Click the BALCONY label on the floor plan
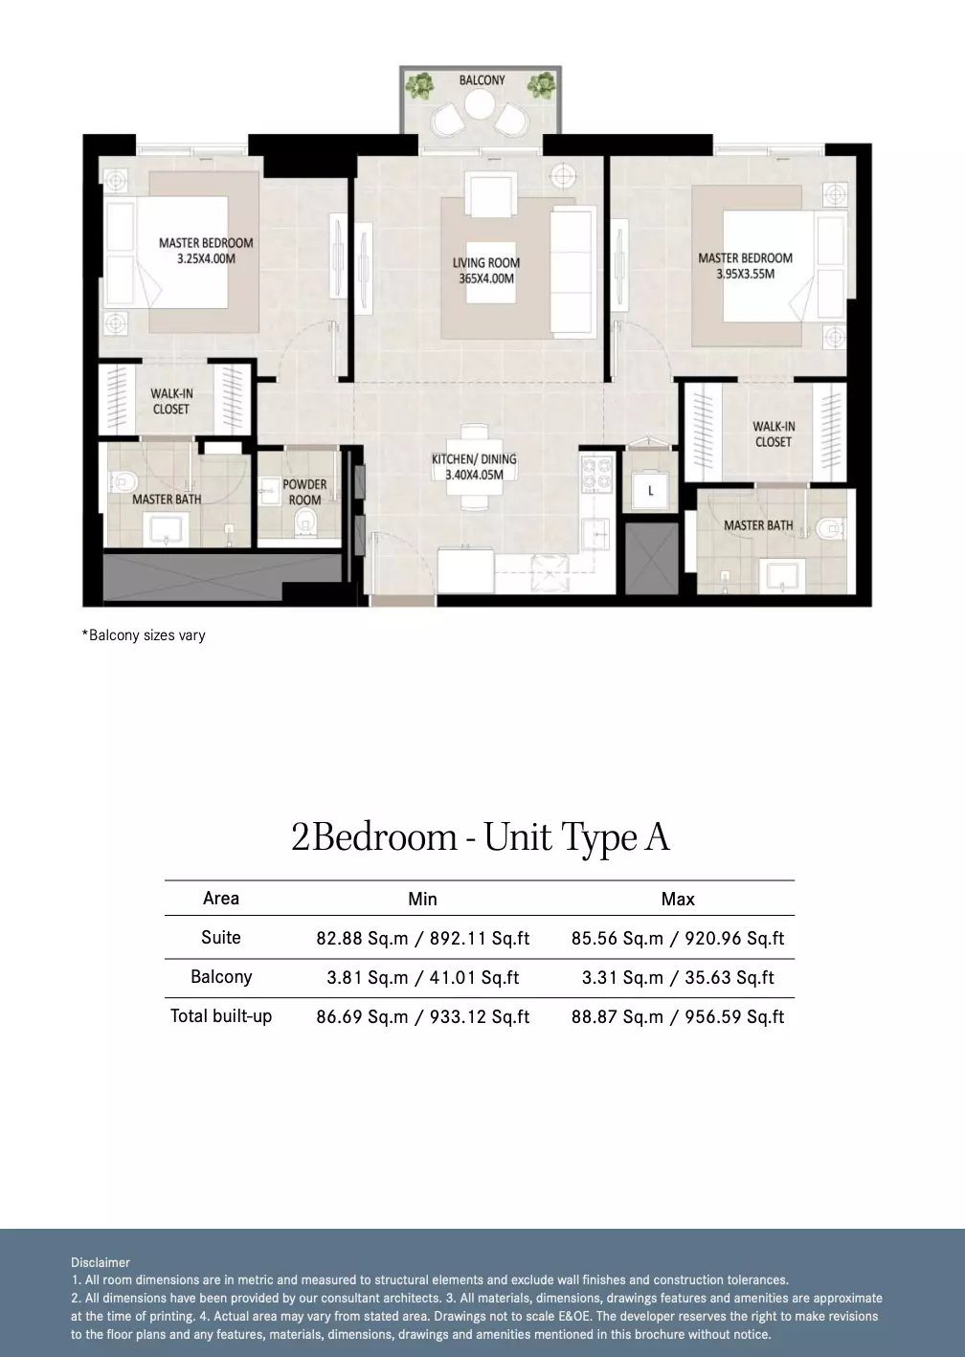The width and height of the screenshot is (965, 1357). click(x=482, y=80)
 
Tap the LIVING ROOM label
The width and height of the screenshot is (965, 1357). click(x=486, y=263)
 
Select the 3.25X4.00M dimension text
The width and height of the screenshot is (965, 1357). click(x=206, y=258)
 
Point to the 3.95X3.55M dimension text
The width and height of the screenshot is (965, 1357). click(x=746, y=274)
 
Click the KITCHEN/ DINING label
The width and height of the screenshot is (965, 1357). click(x=474, y=459)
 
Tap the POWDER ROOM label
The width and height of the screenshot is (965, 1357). click(x=304, y=492)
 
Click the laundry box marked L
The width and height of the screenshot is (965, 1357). click(x=650, y=491)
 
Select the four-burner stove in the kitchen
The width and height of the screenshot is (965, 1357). click(x=597, y=476)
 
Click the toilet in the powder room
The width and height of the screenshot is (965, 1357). click(x=304, y=523)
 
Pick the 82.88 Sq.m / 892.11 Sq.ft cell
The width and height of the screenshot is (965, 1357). click(x=422, y=938)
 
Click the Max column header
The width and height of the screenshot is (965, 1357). click(x=678, y=899)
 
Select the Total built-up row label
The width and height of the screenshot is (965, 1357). click(x=221, y=1016)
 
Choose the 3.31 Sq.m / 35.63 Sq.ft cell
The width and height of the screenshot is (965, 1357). click(x=678, y=977)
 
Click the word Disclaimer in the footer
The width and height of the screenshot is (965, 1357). click(x=101, y=1262)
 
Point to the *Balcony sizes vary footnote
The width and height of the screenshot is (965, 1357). click(x=144, y=635)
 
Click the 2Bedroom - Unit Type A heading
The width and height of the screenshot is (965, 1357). click(x=481, y=837)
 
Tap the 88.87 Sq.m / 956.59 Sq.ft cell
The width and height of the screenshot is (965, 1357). click(x=678, y=1016)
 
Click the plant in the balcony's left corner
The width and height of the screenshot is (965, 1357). click(x=419, y=85)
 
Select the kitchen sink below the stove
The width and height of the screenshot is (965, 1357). click(x=595, y=536)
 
